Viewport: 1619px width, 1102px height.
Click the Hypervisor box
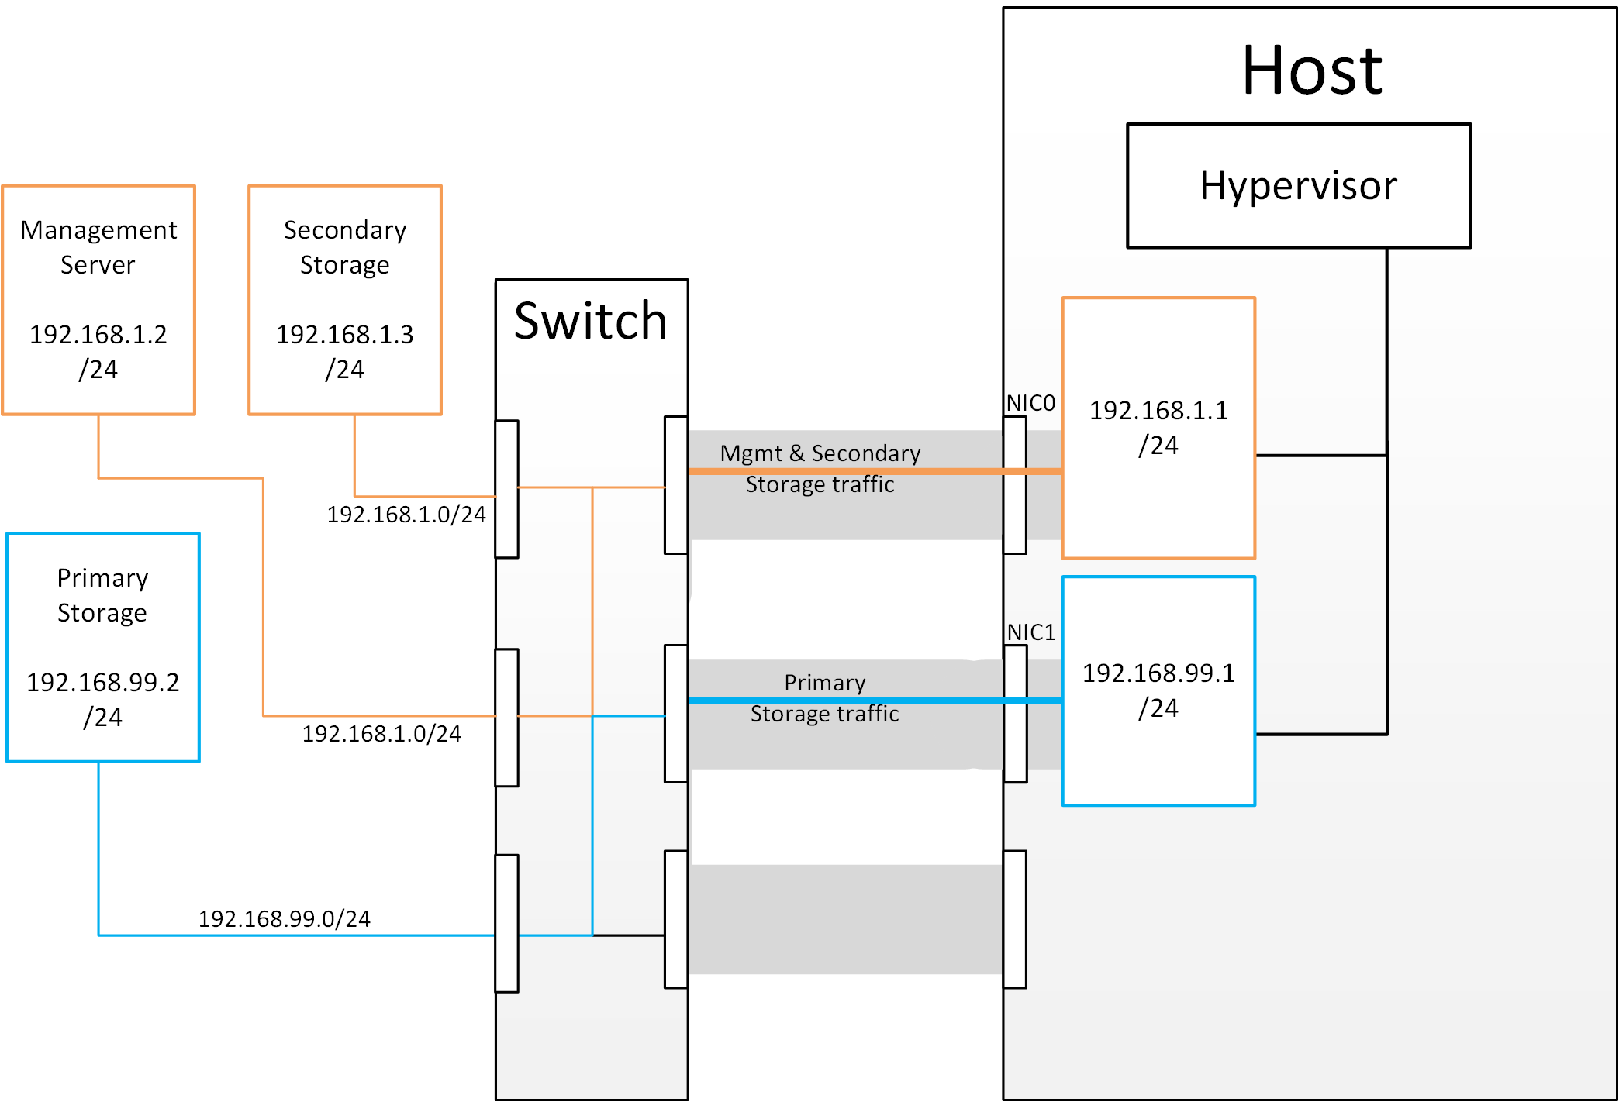[x=1298, y=186]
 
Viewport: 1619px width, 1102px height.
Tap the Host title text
[x=1312, y=71]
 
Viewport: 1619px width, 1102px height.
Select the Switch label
[x=591, y=321]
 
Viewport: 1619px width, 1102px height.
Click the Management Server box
[x=98, y=299]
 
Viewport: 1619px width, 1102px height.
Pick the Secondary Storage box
[x=345, y=299]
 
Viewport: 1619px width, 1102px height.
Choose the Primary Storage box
[x=103, y=647]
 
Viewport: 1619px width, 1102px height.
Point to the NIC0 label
[x=1030, y=403]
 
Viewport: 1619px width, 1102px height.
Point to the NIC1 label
[x=1031, y=632]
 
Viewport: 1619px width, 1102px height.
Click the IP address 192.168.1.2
[x=98, y=335]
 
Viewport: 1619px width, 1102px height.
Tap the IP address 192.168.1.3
[x=345, y=335]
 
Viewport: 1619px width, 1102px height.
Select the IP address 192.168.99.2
[x=103, y=683]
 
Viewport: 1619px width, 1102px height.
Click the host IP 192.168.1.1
[x=1158, y=411]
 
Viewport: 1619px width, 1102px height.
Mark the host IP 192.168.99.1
[x=1158, y=673]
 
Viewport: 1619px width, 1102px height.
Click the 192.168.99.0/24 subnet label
[x=285, y=919]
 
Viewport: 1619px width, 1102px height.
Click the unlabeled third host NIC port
[x=1015, y=919]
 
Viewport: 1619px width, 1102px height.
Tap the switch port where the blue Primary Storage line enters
[x=506, y=923]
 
